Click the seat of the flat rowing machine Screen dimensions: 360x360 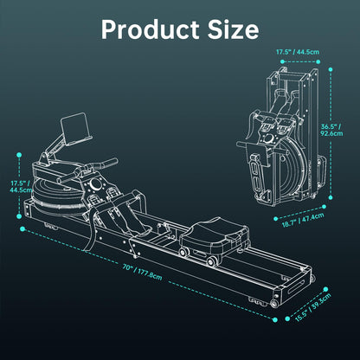207,231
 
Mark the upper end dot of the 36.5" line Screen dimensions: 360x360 322,80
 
